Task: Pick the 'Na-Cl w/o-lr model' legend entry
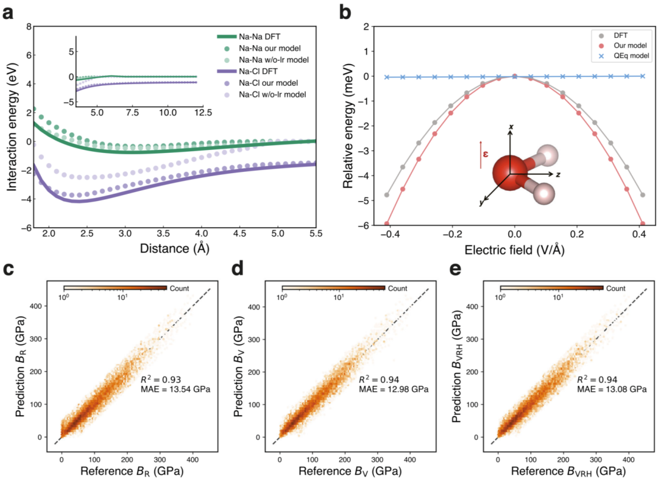[272, 94]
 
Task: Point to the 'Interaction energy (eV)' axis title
[12, 127]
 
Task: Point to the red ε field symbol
[486, 155]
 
